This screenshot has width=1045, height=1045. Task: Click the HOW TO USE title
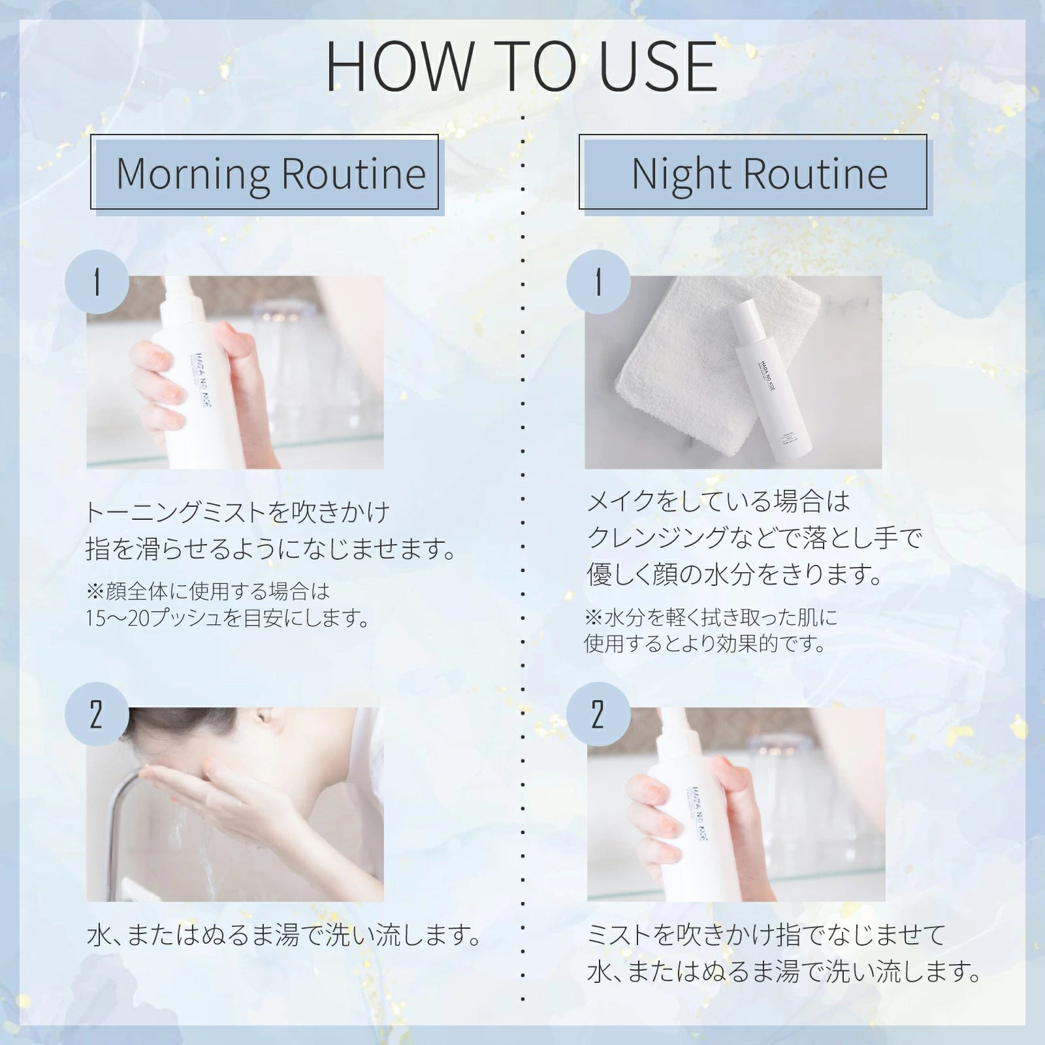pos(522,67)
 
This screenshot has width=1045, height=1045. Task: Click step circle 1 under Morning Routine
pos(97,283)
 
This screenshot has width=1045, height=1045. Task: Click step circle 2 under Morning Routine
pos(97,715)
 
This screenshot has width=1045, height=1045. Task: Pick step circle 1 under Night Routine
pos(598,283)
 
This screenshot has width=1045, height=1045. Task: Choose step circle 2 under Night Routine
pos(598,715)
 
